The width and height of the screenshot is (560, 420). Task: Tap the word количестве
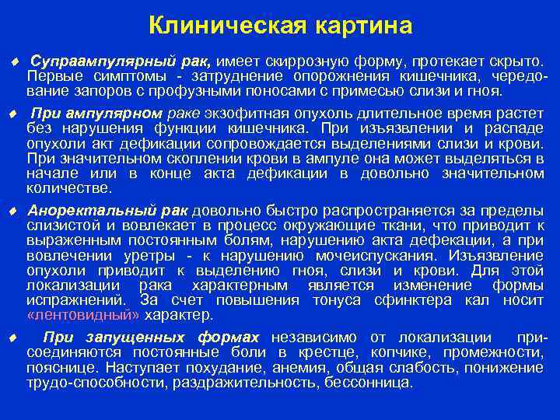coord(69,187)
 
